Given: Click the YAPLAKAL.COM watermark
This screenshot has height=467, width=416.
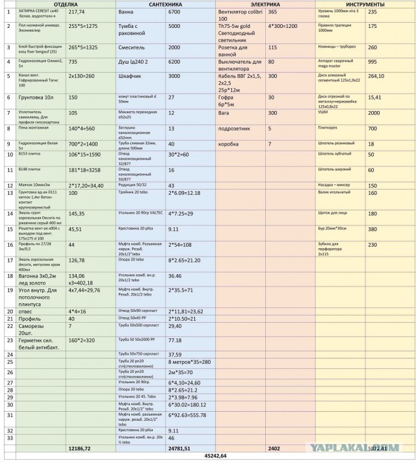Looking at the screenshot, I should point(374,447).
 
